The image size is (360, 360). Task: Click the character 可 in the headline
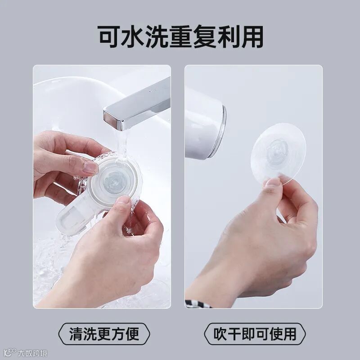point(108,37)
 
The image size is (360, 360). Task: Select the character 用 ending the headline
point(252,37)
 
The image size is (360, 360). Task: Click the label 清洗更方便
point(104,334)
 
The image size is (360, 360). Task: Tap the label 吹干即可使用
point(255,334)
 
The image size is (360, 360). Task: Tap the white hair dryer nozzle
point(204,124)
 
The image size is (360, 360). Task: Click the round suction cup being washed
point(114,179)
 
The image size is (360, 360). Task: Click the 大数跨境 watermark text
point(32,353)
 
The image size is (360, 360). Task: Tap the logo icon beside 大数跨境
point(10,353)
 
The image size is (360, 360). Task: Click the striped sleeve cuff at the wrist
point(198,304)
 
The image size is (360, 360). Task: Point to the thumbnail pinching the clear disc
point(273,182)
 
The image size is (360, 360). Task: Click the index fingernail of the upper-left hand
point(90,167)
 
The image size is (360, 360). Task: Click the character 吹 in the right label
point(220,334)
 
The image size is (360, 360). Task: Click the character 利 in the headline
point(228,37)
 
